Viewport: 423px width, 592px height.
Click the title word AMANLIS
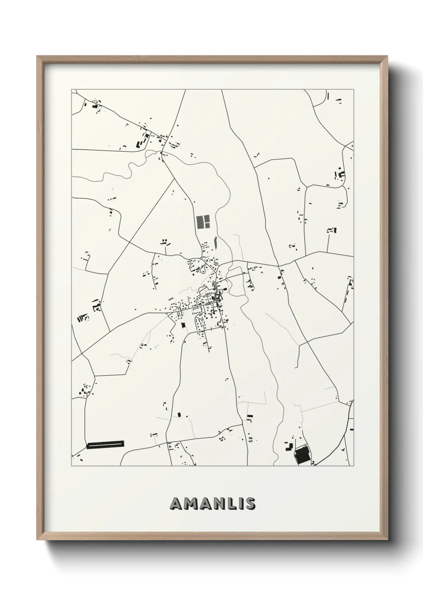(x=212, y=504)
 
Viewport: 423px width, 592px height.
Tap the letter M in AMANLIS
(x=190, y=504)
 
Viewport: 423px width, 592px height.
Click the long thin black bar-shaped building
(x=106, y=444)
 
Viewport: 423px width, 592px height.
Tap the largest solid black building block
(x=303, y=456)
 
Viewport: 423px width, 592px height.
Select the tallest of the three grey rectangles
(x=200, y=222)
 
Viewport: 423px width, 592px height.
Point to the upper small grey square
(x=208, y=218)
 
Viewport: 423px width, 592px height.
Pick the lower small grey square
(x=208, y=225)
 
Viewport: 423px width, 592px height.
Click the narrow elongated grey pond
(x=215, y=242)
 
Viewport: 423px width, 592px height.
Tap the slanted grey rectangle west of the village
(x=172, y=298)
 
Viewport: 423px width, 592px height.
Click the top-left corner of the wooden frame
(x=37, y=56)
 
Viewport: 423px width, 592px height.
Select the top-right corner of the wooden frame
(x=389, y=56)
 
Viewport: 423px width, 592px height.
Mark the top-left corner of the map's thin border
(x=72, y=89)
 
